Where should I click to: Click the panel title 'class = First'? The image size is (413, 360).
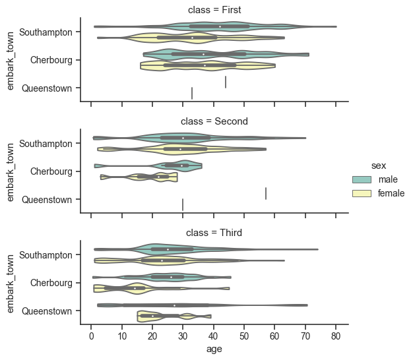214,10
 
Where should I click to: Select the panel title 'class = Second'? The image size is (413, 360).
214,121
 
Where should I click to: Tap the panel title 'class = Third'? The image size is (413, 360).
214,233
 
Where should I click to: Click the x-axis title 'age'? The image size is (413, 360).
214,349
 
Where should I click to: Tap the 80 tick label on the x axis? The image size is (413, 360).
336,336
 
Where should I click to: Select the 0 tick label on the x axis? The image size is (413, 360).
91,336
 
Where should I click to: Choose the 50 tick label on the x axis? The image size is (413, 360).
244,336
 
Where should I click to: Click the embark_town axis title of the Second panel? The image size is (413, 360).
11,171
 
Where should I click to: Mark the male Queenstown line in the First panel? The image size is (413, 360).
226,82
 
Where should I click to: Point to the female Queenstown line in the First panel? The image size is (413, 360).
192,93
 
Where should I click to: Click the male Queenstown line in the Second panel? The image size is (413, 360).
266,193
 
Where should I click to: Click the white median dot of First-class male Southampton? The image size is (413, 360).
220,26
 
